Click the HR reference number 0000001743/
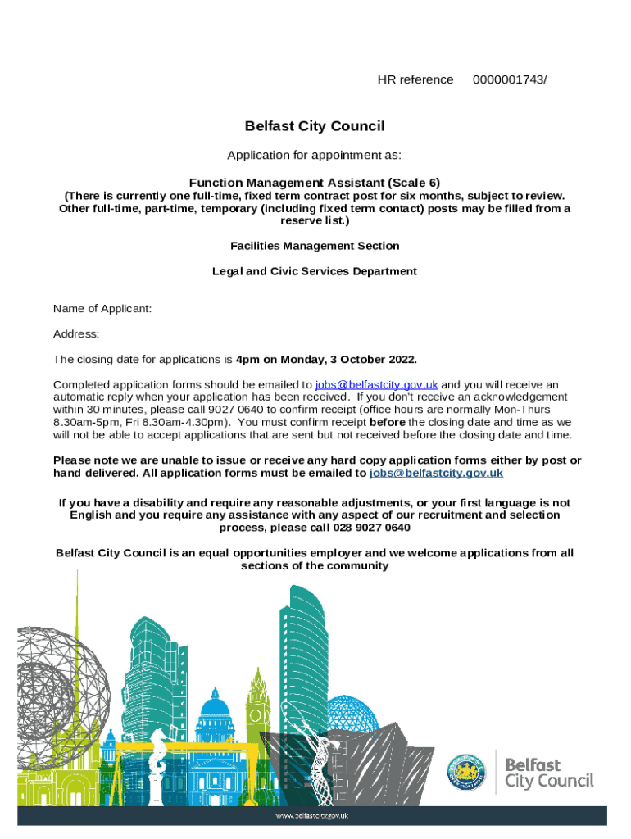coord(510,79)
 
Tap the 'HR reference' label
coord(415,79)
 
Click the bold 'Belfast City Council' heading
coord(315,126)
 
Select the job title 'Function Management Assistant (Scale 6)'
coord(315,183)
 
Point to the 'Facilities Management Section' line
coord(315,246)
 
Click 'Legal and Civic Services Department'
coord(315,271)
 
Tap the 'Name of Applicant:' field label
coord(102,309)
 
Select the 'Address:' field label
coord(76,334)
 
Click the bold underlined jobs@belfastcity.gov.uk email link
coord(436,474)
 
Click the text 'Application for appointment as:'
coord(315,156)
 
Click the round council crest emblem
coord(465,772)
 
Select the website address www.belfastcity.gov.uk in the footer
coord(312,816)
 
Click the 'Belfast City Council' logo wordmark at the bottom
coord(548,772)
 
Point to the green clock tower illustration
coord(258,696)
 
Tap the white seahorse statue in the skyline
coord(156,758)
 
